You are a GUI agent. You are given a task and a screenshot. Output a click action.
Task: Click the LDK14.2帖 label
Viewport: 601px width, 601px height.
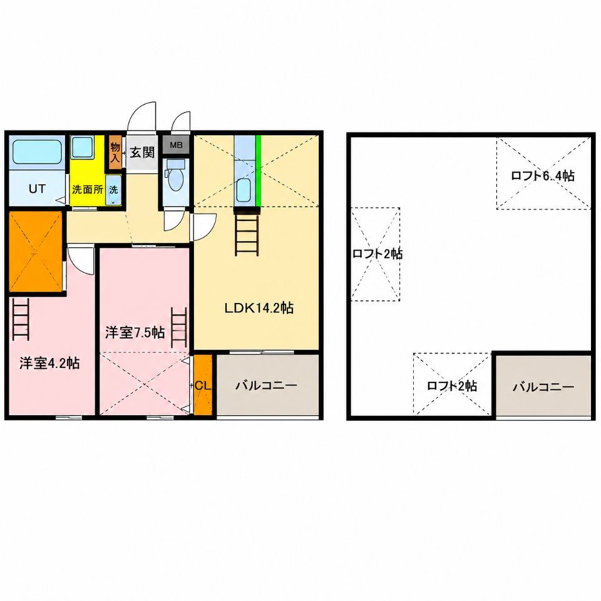(259, 308)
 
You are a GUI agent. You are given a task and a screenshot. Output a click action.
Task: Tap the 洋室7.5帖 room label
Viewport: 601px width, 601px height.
(135, 332)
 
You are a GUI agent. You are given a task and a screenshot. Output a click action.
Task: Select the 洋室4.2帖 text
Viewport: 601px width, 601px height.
(49, 363)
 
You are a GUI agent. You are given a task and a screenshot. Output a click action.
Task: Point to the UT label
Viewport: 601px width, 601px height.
(37, 188)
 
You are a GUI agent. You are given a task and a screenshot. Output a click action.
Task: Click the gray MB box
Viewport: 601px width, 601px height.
(176, 145)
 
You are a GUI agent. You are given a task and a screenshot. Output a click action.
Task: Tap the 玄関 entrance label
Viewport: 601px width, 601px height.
(142, 152)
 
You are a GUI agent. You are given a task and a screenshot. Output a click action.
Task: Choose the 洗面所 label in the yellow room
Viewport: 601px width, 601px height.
(88, 189)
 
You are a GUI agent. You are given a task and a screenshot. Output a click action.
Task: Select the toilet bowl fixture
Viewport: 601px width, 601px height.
(176, 177)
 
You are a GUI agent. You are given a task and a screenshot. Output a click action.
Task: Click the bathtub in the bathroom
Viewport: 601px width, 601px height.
(37, 152)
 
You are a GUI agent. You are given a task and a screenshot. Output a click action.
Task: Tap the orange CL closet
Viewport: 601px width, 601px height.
(203, 385)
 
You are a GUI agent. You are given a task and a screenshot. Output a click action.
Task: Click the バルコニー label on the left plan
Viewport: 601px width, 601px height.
(266, 385)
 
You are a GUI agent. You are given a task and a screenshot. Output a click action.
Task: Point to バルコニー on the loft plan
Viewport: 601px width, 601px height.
(543, 386)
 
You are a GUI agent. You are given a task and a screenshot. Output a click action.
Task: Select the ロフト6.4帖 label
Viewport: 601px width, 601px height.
(543, 176)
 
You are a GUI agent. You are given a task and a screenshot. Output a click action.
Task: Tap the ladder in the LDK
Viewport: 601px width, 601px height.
(247, 232)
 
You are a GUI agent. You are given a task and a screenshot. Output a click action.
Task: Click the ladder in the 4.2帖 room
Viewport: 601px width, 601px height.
(21, 319)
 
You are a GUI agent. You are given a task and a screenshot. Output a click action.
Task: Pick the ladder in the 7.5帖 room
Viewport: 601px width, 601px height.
(178, 327)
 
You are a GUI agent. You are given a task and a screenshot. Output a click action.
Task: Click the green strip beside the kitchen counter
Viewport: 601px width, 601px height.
(259, 171)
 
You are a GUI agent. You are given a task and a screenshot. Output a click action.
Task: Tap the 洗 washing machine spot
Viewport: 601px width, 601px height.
(113, 190)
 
